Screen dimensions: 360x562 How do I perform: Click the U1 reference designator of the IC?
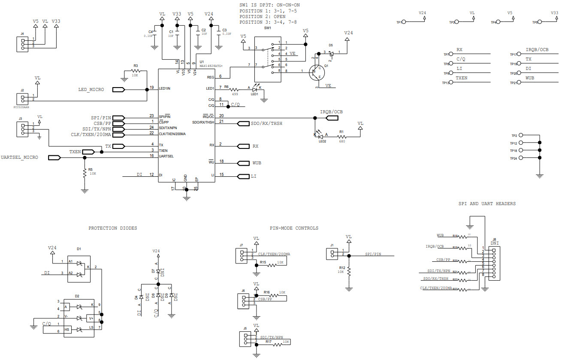click(202, 62)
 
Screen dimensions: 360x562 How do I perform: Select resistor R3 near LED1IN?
click(136, 70)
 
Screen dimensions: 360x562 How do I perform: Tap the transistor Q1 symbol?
click(317, 72)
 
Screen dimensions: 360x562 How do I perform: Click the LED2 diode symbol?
click(318, 134)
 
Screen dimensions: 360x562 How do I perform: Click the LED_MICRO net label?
click(91, 90)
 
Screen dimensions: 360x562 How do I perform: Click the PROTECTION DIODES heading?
click(112, 228)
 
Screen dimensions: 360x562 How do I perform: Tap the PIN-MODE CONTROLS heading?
click(294, 228)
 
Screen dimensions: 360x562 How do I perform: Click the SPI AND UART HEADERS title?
click(487, 204)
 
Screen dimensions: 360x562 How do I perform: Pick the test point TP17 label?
click(513, 54)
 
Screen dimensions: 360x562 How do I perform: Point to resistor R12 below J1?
click(349, 271)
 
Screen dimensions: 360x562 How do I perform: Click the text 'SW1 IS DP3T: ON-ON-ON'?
click(269, 5)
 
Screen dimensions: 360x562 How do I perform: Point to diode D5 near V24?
click(331, 52)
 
